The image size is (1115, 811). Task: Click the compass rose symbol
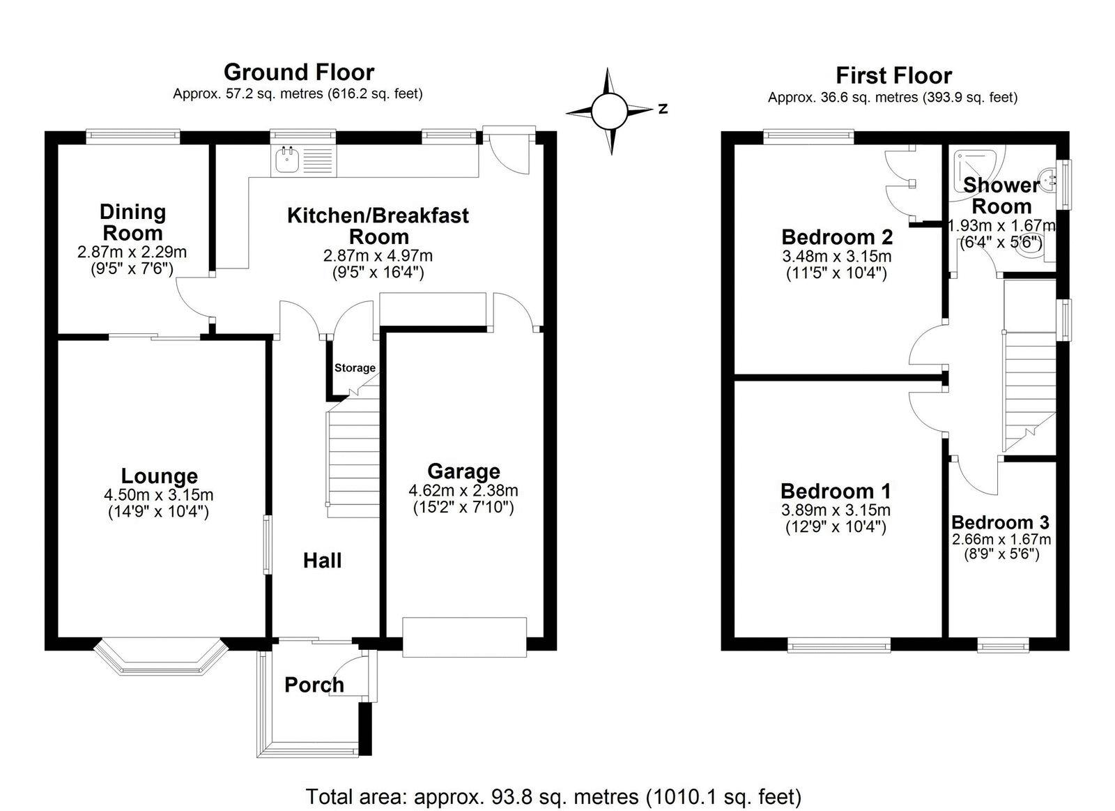point(610,110)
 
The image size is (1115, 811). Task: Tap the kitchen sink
point(286,160)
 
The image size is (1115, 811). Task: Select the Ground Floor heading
point(298,72)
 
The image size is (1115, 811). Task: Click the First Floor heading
point(893,75)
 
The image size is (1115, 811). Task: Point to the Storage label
point(355,367)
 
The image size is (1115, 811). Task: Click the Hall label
point(322,560)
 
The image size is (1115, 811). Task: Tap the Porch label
point(314,685)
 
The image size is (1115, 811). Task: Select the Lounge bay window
point(160,658)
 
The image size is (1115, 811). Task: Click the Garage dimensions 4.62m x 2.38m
point(463,490)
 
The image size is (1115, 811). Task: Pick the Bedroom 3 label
point(1000,522)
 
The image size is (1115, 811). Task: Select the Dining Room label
point(132,222)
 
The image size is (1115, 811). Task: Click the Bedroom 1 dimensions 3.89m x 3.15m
point(836,510)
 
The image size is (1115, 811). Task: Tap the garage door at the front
point(464,636)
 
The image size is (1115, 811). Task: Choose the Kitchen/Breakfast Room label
point(378,225)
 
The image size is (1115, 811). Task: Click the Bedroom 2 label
point(837,237)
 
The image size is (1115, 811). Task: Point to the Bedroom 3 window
point(1003,646)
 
